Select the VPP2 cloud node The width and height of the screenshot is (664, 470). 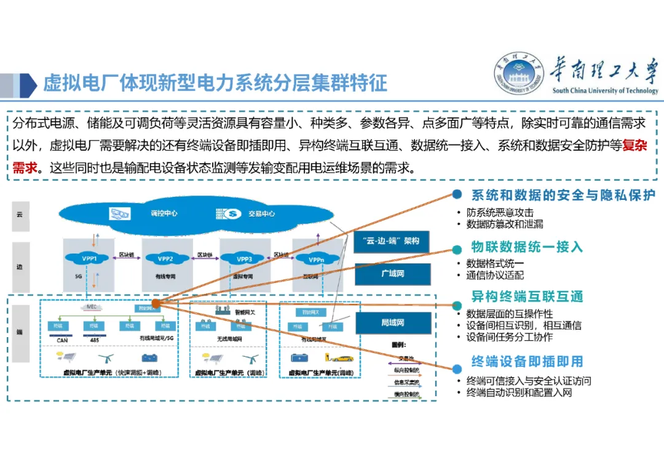(165, 258)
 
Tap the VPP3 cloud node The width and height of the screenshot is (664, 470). (244, 259)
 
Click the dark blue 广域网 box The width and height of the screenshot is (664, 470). (392, 273)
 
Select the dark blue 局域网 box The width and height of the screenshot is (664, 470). (392, 322)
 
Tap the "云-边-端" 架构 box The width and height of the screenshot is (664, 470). (391, 241)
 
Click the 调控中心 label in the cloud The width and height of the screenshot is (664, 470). (164, 213)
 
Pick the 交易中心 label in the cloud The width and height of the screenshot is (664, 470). (261, 214)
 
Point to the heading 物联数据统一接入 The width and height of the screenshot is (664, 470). (527, 247)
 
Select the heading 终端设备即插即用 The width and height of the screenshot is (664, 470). (527, 362)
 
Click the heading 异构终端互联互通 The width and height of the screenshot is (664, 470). (527, 297)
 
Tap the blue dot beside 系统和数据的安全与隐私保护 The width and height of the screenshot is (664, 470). (457, 194)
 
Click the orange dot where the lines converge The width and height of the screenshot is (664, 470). (156, 303)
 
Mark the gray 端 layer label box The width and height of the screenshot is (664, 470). (20, 332)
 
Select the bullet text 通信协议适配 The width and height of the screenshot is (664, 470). (495, 276)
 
